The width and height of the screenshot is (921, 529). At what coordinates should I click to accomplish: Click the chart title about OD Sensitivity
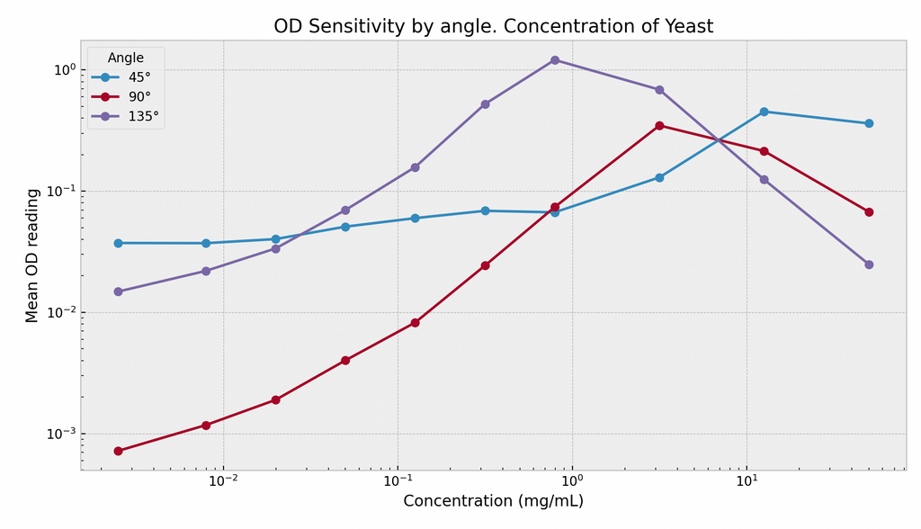[x=493, y=27]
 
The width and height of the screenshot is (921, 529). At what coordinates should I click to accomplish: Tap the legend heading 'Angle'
[x=126, y=58]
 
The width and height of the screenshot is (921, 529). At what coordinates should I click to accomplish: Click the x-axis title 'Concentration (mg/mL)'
[x=493, y=501]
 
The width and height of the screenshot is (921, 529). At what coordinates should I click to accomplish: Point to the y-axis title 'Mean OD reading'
[x=33, y=256]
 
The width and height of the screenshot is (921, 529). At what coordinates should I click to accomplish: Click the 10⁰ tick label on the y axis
[x=63, y=70]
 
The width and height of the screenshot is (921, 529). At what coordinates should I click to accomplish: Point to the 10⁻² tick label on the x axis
[x=223, y=481]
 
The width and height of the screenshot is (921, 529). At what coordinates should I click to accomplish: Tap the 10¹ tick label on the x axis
[x=746, y=481]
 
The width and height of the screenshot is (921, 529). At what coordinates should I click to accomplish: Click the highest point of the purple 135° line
[x=555, y=60]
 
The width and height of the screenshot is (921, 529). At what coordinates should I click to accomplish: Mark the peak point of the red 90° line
[x=659, y=126]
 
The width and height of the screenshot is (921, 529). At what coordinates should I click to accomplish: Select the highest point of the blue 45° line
[x=764, y=112]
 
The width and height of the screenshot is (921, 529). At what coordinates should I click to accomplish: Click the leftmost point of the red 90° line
[x=118, y=451]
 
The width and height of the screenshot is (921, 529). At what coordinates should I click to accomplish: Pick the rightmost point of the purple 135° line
[x=869, y=264]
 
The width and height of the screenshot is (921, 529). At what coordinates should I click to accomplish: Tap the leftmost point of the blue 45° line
[x=118, y=243]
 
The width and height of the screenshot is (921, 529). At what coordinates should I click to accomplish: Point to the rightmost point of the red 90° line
[x=869, y=212]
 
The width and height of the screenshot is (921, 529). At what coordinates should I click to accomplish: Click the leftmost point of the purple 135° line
[x=118, y=291]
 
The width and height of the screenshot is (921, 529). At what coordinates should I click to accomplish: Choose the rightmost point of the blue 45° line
[x=869, y=123]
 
